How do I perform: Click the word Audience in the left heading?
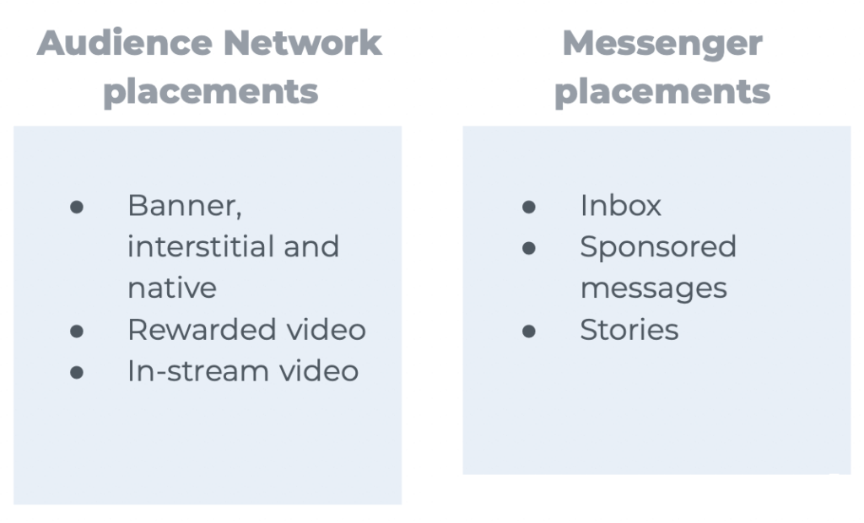point(119,43)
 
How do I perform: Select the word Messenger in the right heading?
point(662,43)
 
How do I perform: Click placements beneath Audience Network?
point(210,91)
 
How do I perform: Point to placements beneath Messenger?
point(662,91)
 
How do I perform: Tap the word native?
point(172,288)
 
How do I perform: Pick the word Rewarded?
point(195,329)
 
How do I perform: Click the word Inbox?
point(620,205)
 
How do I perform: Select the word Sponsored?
point(658,246)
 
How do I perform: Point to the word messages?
point(653,288)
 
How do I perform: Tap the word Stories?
point(629,329)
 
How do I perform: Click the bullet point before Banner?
point(77,207)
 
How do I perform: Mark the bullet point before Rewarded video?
point(77,331)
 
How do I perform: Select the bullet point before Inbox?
point(529,207)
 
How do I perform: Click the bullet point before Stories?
point(529,331)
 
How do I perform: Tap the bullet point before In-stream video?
point(77,372)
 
